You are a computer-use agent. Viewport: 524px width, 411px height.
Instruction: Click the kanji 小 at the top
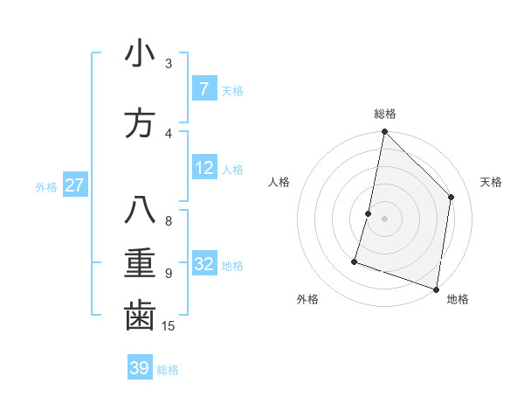[x=140, y=55]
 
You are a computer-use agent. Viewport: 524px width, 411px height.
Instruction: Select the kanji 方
[x=140, y=122]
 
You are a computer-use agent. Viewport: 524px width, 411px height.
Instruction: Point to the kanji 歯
[x=140, y=316]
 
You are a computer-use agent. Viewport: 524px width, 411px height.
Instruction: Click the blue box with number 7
[x=203, y=88]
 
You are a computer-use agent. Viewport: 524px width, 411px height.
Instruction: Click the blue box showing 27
[x=74, y=185]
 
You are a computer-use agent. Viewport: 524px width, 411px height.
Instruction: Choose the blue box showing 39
[x=139, y=368]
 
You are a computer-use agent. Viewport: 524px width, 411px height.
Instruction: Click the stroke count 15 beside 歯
[x=169, y=326]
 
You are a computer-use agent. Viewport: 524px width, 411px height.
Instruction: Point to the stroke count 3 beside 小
[x=169, y=64]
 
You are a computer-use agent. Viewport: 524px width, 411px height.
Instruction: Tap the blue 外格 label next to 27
[x=46, y=186]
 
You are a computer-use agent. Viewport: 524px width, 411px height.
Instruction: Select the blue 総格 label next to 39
[x=168, y=369]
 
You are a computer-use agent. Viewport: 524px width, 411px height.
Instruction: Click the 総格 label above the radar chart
[x=385, y=114]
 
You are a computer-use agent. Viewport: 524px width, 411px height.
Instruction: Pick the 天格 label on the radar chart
[x=491, y=182]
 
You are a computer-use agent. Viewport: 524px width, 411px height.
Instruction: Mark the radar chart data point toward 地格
[x=436, y=289]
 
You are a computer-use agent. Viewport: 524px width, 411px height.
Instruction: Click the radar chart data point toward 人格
[x=369, y=213]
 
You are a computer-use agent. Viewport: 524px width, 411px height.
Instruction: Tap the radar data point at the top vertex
[x=384, y=132]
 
